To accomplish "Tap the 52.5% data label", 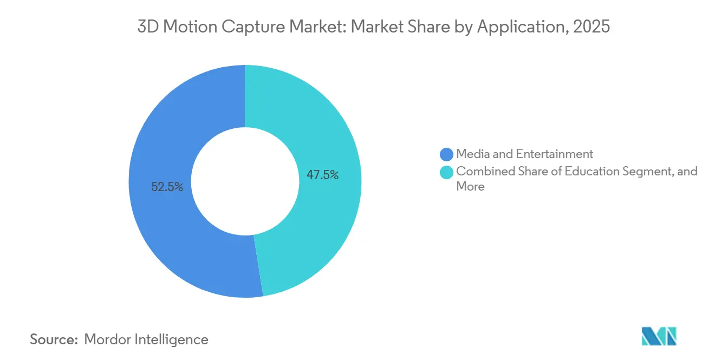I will point(167,187).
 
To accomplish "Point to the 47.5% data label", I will point(323,175).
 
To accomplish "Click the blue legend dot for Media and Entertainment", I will point(447,154).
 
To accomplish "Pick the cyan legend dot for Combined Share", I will point(447,172).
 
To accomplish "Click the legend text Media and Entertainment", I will point(525,154).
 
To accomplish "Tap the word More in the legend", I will point(470,187).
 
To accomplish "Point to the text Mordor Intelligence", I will point(146,339).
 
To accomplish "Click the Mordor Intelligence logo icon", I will point(659,337).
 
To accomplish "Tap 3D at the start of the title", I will point(147,27).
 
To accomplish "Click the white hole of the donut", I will point(245,181).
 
